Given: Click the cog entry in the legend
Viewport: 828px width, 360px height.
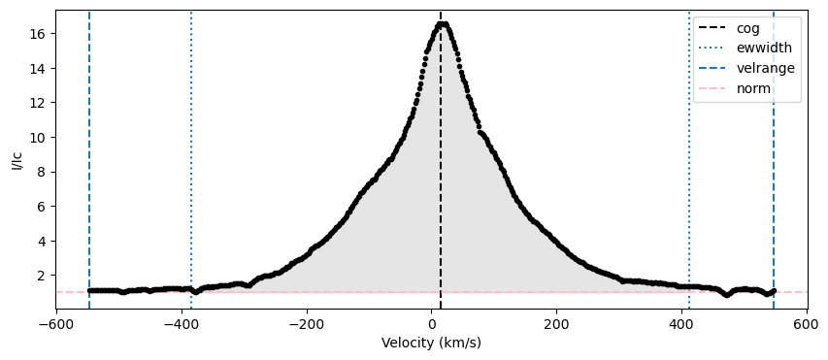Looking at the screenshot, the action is click(x=747, y=28).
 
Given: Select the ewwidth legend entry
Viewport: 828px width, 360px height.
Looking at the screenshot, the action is click(x=764, y=49).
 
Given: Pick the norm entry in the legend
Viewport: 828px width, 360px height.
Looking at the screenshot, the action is click(x=753, y=89).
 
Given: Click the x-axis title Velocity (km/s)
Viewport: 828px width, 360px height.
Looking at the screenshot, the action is click(x=431, y=344).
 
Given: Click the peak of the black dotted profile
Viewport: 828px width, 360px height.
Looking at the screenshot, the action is click(x=442, y=23).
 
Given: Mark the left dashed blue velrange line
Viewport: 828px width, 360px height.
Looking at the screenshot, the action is click(x=89, y=159).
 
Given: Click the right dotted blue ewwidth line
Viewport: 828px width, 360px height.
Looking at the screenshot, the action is click(x=689, y=159).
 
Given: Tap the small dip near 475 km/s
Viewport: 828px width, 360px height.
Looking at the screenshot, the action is click(x=728, y=295).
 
